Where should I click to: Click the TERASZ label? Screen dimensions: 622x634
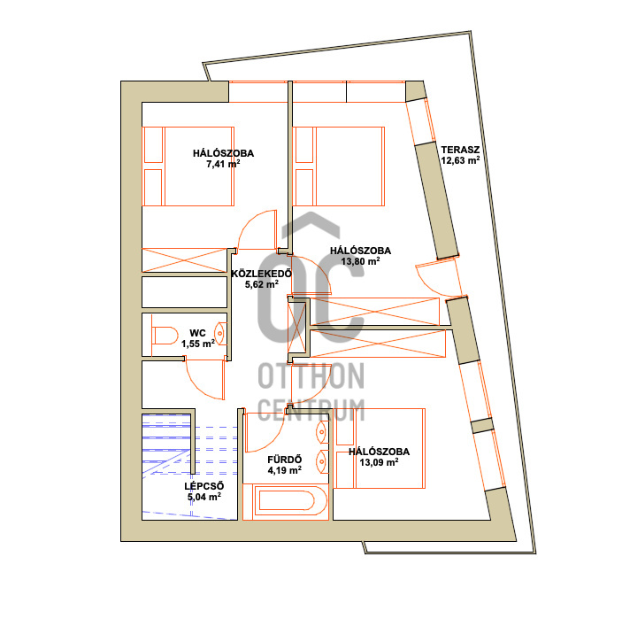click(460, 150)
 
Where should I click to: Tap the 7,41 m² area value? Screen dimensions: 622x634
click(223, 164)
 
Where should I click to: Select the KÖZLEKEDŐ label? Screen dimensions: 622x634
click(261, 274)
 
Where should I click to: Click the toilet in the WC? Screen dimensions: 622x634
click(165, 336)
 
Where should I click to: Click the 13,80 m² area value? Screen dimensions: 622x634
click(360, 261)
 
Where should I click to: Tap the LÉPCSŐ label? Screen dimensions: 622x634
click(204, 486)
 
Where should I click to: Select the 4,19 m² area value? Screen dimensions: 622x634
click(284, 470)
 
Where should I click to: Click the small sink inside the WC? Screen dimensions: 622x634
click(220, 334)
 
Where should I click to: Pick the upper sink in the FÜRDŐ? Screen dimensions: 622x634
click(322, 432)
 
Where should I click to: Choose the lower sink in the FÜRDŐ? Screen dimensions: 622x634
click(322, 461)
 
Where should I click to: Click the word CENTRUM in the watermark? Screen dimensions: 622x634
click(311, 410)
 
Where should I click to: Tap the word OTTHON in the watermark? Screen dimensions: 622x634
click(311, 375)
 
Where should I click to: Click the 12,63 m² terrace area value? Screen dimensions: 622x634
click(460, 160)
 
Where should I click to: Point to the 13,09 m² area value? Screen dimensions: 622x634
click(379, 462)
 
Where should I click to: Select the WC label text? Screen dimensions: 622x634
click(197, 333)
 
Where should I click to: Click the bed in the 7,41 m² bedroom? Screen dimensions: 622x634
click(188, 166)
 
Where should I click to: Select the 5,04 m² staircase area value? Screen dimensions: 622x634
click(204, 497)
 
